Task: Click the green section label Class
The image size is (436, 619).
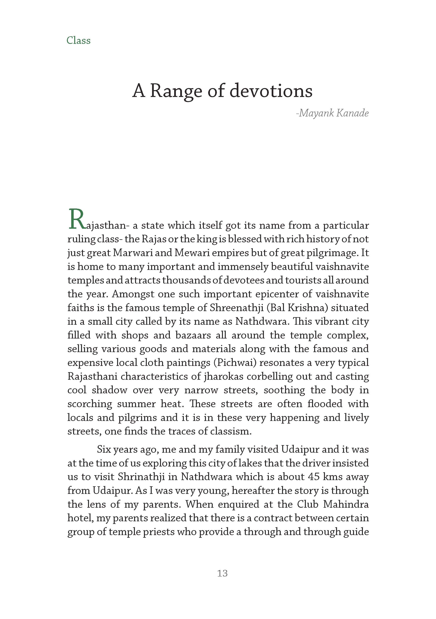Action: [x=78, y=40]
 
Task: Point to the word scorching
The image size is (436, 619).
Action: [x=90, y=404]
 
